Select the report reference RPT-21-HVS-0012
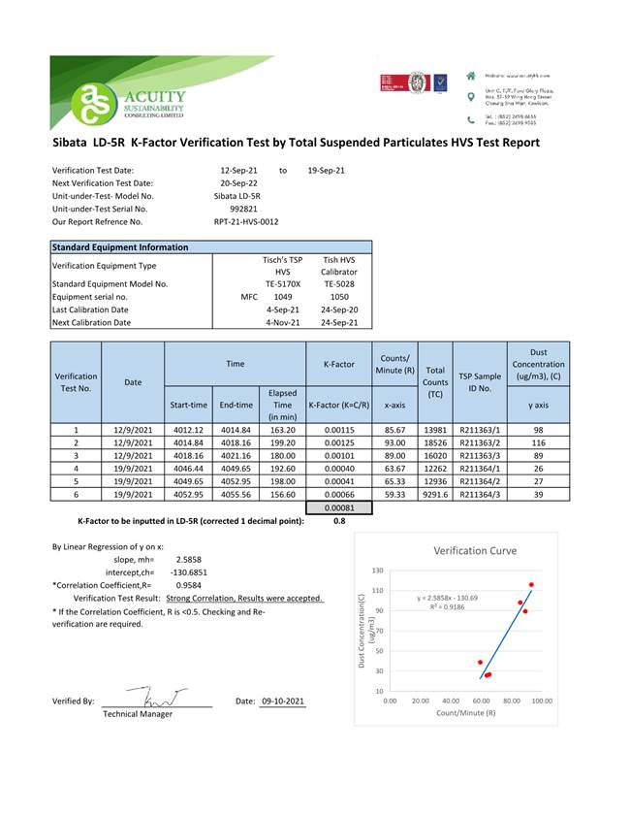click(x=246, y=221)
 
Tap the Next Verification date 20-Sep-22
click(x=238, y=182)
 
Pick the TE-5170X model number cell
click(x=283, y=284)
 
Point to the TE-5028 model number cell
click(x=339, y=284)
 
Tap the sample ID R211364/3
click(x=480, y=494)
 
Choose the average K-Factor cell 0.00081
click(x=339, y=507)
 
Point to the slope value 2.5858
click(x=189, y=559)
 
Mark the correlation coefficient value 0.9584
click(x=189, y=586)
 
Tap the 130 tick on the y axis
click(x=378, y=571)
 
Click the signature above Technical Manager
click(x=158, y=697)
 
